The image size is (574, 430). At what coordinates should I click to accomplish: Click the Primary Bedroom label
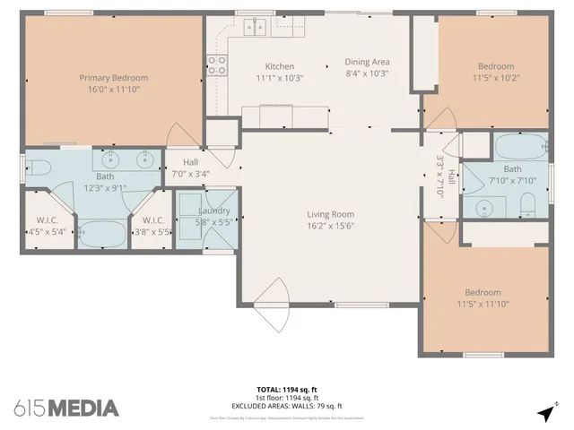point(113,78)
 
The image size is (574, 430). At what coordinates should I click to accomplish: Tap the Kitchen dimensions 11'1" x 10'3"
point(279,78)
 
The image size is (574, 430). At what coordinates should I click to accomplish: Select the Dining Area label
point(367,62)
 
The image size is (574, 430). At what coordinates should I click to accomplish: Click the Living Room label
point(330,214)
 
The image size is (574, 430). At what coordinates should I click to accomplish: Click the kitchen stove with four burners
point(216,64)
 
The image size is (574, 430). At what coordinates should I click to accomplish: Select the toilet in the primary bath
point(37,167)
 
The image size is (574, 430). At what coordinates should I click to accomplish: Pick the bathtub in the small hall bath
point(519,145)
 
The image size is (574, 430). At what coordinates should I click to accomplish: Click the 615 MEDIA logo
point(66,408)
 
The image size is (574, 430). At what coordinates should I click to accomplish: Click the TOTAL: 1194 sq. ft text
point(286,390)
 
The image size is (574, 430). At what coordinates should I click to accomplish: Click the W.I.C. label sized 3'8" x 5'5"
point(152,220)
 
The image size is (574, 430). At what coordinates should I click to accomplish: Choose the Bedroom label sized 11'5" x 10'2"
point(495,66)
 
